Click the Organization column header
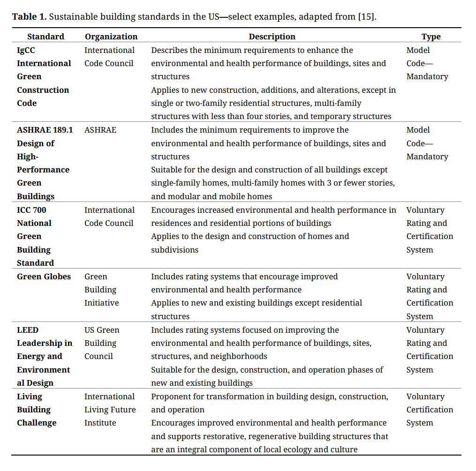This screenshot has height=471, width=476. [x=111, y=37]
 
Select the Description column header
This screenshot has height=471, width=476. [x=272, y=37]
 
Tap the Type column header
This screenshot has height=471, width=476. [x=431, y=37]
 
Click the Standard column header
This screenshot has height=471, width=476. [x=45, y=37]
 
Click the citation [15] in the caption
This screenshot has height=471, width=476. [x=366, y=17]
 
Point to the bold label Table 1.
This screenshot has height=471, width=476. [x=29, y=17]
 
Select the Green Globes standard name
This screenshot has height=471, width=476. [x=44, y=277]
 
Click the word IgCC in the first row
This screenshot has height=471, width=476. [x=26, y=50]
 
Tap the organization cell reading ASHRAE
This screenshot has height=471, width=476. [x=100, y=130]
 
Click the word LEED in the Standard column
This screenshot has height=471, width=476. [x=28, y=330]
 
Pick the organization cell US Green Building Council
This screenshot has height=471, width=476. [x=102, y=343]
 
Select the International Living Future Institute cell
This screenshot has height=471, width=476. [x=110, y=410]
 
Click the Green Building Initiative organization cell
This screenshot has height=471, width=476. [x=101, y=290]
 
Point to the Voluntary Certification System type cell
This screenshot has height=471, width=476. [x=430, y=410]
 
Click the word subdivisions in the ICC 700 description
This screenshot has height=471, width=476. [x=174, y=250]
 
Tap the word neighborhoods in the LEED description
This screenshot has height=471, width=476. [x=237, y=356]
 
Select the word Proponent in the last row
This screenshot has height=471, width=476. [x=170, y=396]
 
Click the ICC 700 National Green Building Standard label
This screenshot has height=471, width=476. [x=36, y=236]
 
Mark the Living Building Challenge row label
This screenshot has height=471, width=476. [x=37, y=410]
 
